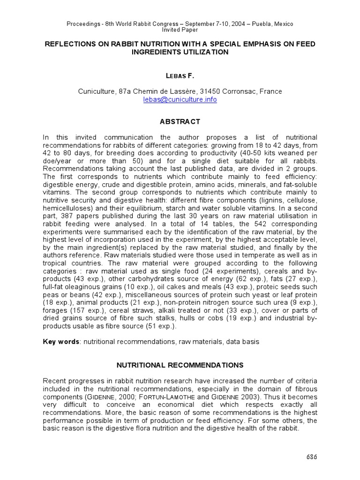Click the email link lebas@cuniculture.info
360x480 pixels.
(180, 99)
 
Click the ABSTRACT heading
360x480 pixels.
(180, 121)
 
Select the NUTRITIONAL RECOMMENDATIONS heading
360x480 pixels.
(180, 364)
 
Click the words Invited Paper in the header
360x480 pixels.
(180, 30)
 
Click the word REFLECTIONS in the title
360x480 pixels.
(69, 44)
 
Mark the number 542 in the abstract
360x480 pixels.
(240, 225)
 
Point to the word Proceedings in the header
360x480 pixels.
(83, 23)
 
